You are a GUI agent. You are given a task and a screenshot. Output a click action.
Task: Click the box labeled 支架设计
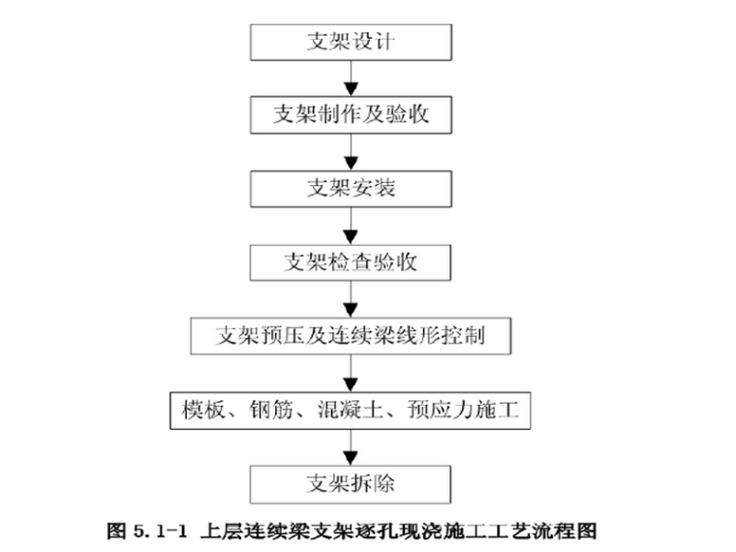(x=351, y=42)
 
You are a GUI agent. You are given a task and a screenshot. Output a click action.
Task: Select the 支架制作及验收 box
(x=351, y=114)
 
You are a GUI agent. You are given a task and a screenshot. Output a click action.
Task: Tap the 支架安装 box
(x=351, y=187)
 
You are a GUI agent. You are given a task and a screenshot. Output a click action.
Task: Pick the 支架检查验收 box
(x=351, y=261)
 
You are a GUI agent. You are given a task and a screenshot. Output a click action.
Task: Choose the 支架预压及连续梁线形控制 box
(x=351, y=336)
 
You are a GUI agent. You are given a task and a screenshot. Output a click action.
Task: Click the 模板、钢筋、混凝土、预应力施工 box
(x=351, y=411)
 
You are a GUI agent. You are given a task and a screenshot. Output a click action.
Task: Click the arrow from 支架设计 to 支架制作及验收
(x=351, y=77)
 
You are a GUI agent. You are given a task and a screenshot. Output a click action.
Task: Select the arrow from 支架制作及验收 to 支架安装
(x=351, y=151)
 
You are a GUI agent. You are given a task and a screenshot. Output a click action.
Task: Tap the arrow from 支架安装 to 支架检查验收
(x=351, y=224)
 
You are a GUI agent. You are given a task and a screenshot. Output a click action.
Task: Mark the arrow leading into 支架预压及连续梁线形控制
(x=351, y=298)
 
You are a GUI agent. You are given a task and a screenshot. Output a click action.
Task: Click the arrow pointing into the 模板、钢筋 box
(x=351, y=374)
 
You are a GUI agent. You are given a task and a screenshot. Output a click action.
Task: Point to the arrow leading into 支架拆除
(x=351, y=446)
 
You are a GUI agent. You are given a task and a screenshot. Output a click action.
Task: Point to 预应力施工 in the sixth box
(x=469, y=411)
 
